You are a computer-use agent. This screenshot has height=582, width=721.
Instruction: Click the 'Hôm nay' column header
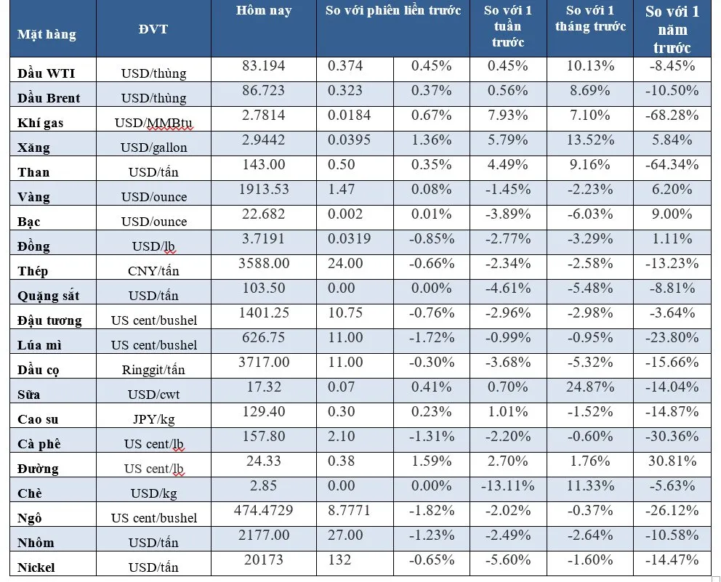pyautogui.click(x=263, y=11)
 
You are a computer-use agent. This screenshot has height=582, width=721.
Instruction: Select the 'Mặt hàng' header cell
pyautogui.click(x=47, y=34)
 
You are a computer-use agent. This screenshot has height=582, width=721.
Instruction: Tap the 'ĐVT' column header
pyautogui.click(x=153, y=30)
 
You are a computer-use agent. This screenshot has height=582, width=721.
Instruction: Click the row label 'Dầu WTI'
pyautogui.click(x=46, y=73)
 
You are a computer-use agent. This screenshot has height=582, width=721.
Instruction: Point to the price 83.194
pyautogui.click(x=263, y=67)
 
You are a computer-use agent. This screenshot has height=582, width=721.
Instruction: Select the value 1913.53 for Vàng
pyautogui.click(x=263, y=190)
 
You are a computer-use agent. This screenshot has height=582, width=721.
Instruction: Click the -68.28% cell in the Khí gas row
pyautogui.click(x=672, y=116)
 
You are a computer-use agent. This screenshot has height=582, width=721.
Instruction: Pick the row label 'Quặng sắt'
pyautogui.click(x=49, y=296)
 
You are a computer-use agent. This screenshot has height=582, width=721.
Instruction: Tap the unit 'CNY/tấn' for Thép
pyautogui.click(x=153, y=271)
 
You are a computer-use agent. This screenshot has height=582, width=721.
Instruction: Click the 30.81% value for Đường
pyautogui.click(x=672, y=461)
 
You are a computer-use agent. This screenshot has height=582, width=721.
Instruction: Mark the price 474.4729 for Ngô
pyautogui.click(x=263, y=511)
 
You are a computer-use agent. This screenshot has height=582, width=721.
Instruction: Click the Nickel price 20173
pyautogui.click(x=263, y=560)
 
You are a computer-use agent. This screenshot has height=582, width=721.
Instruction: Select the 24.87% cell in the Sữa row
pyautogui.click(x=589, y=387)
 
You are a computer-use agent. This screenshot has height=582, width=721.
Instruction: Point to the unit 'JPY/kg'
pyautogui.click(x=153, y=419)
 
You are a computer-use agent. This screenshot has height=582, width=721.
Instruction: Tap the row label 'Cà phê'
pyautogui.click(x=41, y=444)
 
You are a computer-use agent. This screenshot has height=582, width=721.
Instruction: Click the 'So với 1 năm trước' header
pyautogui.click(x=672, y=30)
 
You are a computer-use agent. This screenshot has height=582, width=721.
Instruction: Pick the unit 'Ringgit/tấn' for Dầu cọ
pyautogui.click(x=153, y=370)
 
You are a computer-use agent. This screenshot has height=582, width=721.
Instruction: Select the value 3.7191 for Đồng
pyautogui.click(x=263, y=239)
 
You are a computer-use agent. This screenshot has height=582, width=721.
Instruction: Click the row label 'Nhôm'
pyautogui.click(x=36, y=543)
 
